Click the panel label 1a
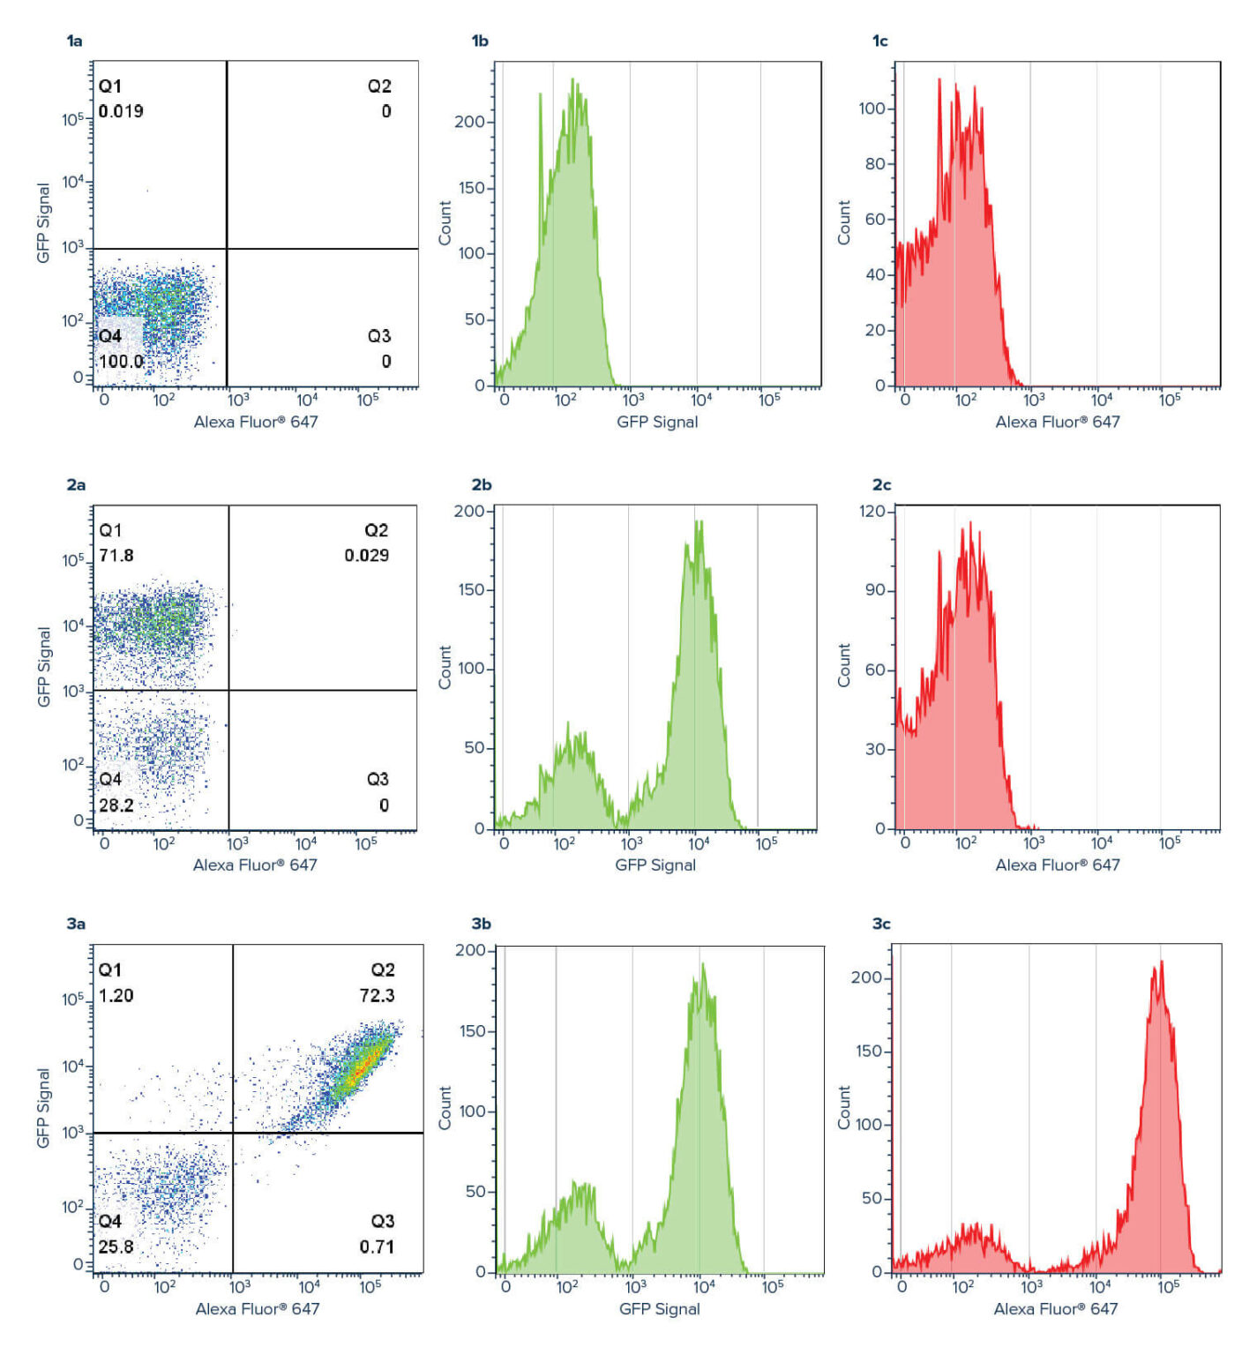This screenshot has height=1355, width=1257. (x=75, y=41)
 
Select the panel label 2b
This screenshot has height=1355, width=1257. (x=481, y=484)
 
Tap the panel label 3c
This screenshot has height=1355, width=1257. (x=880, y=924)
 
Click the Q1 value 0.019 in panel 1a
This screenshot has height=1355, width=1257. (x=121, y=111)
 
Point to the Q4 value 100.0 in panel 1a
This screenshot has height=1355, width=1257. (x=121, y=361)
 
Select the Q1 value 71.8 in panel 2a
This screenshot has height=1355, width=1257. (x=116, y=555)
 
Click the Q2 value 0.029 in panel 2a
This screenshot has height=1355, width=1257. (x=366, y=555)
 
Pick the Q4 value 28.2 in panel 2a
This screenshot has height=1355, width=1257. (x=116, y=805)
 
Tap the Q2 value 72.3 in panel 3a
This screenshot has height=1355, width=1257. (x=377, y=995)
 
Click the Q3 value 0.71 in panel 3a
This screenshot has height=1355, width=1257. (x=377, y=1246)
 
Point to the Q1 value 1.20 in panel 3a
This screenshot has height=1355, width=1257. (x=116, y=995)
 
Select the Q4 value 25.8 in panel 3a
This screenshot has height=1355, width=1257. (x=116, y=1246)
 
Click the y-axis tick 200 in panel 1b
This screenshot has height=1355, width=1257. (x=469, y=122)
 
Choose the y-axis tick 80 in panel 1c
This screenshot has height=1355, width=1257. (x=874, y=163)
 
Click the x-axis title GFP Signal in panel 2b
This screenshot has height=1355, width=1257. (x=655, y=865)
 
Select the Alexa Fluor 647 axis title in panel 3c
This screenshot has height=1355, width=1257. (x=1056, y=1308)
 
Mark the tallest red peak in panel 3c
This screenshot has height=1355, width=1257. (x=1161, y=962)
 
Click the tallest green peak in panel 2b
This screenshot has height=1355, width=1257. (x=699, y=522)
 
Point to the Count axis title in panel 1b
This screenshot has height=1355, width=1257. (x=445, y=222)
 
